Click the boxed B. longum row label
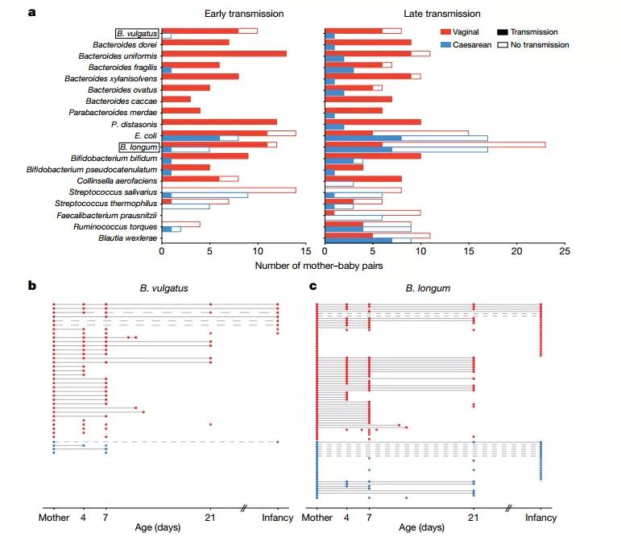(x=138, y=147)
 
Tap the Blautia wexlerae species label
(x=127, y=238)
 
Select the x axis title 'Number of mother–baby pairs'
(x=318, y=264)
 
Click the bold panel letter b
(x=31, y=286)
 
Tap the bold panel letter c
(x=313, y=286)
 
